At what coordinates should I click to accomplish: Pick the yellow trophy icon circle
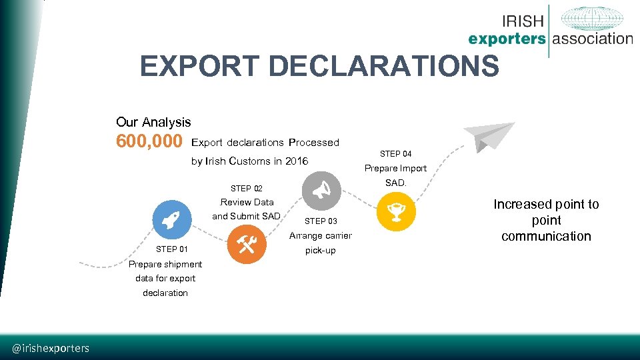click(397, 213)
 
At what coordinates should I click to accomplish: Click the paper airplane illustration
click(489, 136)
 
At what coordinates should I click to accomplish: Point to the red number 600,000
click(149, 142)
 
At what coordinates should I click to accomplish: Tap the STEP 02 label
click(246, 189)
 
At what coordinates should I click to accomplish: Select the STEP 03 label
click(321, 221)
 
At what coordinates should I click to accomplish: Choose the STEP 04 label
click(395, 154)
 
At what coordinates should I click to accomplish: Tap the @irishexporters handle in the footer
click(51, 348)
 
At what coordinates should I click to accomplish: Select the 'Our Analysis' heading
click(153, 122)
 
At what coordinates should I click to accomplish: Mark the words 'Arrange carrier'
click(320, 235)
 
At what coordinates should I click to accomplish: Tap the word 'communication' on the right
click(546, 236)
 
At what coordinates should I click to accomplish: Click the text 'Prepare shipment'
click(165, 264)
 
